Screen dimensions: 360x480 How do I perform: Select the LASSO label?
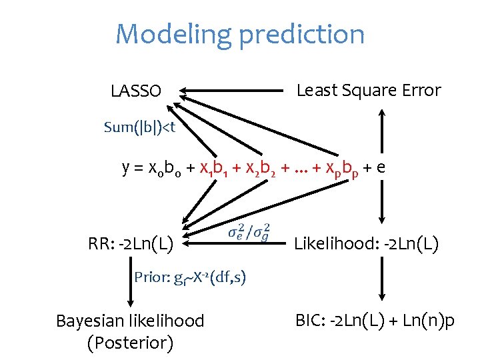click(136, 91)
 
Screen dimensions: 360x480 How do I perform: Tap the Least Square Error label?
click(368, 90)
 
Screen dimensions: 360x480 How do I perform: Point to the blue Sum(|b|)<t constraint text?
click(139, 127)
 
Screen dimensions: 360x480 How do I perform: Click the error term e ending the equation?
click(379, 168)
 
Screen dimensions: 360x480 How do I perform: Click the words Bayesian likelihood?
click(130, 321)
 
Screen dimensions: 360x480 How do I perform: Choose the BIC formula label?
click(375, 321)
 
